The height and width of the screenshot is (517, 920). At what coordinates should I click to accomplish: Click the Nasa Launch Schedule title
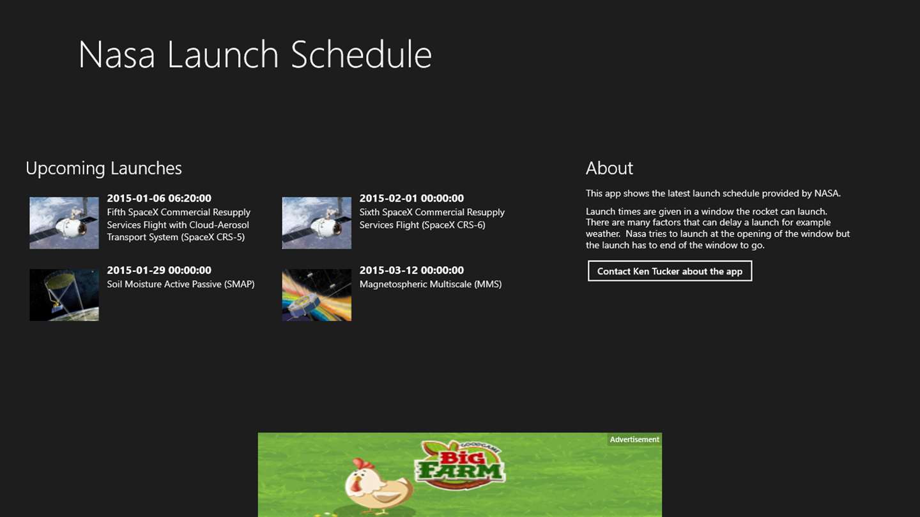click(255, 54)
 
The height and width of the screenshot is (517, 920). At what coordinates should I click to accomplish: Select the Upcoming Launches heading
click(103, 169)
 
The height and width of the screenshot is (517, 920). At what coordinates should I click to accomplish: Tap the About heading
click(609, 169)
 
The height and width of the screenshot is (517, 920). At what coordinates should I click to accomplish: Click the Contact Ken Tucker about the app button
click(670, 271)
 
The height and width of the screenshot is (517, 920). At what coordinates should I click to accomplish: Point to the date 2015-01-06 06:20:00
click(159, 198)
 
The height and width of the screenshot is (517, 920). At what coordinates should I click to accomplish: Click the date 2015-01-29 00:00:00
click(159, 271)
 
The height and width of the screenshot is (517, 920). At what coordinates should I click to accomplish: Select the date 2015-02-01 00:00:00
click(411, 198)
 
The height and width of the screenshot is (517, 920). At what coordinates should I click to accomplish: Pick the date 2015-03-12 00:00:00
click(411, 271)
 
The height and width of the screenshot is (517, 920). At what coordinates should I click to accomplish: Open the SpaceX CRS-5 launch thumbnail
click(64, 223)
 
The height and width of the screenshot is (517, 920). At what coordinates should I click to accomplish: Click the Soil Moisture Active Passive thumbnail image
click(64, 295)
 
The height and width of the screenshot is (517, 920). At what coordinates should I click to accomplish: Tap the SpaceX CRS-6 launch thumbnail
click(317, 223)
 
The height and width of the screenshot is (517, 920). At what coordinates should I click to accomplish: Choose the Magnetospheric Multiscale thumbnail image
click(317, 295)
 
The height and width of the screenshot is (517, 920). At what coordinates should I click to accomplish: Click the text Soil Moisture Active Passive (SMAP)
click(181, 285)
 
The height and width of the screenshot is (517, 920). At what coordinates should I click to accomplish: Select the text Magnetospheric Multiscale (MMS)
click(431, 285)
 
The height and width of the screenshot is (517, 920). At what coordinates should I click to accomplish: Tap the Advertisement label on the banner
click(634, 439)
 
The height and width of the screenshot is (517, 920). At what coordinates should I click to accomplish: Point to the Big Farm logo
click(460, 465)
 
